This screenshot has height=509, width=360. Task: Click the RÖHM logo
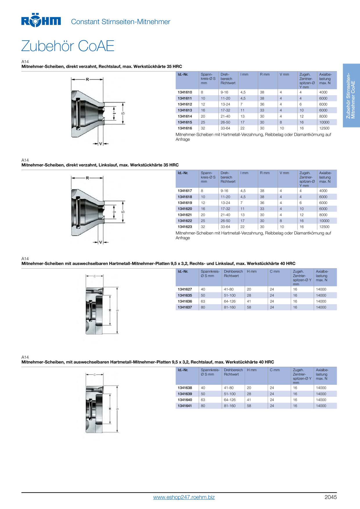click(x=41, y=20)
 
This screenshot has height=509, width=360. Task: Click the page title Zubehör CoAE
click(x=68, y=46)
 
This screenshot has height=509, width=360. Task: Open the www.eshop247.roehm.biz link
click(x=184, y=497)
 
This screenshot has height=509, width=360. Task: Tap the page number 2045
click(x=331, y=497)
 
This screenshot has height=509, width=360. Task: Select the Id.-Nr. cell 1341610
click(x=185, y=92)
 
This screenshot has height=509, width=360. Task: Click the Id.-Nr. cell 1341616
click(x=185, y=128)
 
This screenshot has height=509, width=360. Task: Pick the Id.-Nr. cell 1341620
click(x=185, y=209)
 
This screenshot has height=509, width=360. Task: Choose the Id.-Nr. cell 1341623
click(x=185, y=227)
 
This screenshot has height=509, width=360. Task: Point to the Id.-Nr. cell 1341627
click(x=185, y=289)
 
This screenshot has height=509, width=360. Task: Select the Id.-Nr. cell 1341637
click(x=185, y=307)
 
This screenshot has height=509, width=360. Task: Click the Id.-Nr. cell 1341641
click(x=185, y=406)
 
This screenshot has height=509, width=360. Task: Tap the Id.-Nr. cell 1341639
click(x=185, y=394)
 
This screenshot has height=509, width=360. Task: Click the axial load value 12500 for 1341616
click(x=324, y=128)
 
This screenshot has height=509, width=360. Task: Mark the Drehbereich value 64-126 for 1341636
click(x=230, y=302)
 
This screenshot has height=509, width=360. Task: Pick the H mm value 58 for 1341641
click(x=249, y=406)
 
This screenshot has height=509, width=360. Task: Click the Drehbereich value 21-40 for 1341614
click(x=225, y=116)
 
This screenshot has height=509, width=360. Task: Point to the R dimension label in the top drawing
click(x=87, y=79)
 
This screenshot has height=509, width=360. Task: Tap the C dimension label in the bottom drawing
click(x=95, y=375)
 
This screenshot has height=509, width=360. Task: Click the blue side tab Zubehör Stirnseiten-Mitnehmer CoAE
click(x=351, y=95)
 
